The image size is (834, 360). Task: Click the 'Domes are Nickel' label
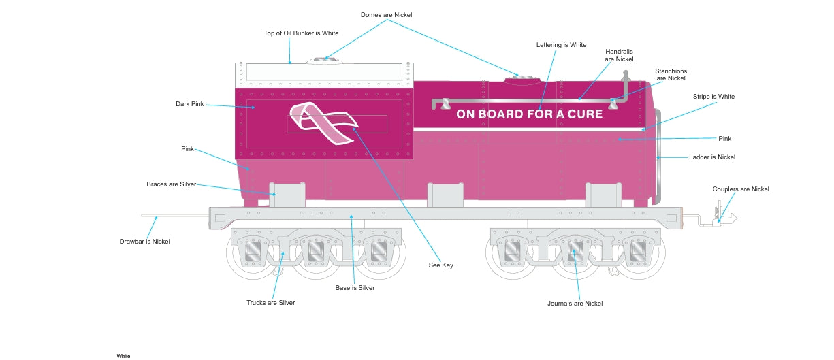(x=386, y=15)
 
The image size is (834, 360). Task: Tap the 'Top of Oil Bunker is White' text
(x=301, y=33)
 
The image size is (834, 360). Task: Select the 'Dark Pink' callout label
(x=190, y=105)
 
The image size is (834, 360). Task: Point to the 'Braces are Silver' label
(x=171, y=184)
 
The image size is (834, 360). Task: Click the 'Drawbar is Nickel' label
(x=144, y=242)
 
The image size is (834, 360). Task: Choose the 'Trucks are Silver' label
(x=270, y=303)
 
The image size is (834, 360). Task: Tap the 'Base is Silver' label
(x=355, y=288)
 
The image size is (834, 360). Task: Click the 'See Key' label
(x=441, y=265)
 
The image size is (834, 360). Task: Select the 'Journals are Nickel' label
(x=575, y=304)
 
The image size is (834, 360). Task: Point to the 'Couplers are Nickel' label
(x=741, y=189)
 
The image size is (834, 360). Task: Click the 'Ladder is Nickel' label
(x=712, y=157)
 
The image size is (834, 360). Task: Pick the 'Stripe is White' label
(x=713, y=97)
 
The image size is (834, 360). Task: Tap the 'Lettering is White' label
(x=561, y=45)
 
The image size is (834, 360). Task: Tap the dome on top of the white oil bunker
(x=324, y=61)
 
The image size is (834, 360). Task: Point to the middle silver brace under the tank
(x=446, y=195)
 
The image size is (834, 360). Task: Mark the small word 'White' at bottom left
(x=123, y=356)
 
